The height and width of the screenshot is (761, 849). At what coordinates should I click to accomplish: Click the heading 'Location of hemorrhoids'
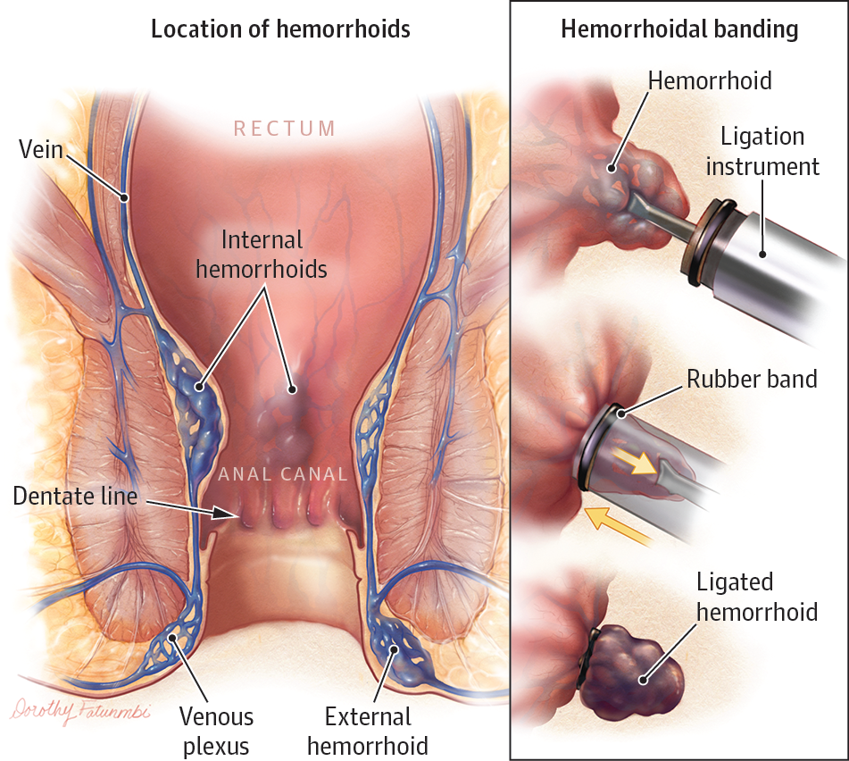pos(280,29)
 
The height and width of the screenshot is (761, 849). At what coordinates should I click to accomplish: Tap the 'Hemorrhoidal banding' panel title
pos(679,29)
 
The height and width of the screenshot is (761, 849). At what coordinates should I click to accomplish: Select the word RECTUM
pos(285,129)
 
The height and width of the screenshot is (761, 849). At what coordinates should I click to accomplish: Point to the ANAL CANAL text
pos(283,474)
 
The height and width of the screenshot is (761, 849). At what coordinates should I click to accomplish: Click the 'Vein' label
pos(41,149)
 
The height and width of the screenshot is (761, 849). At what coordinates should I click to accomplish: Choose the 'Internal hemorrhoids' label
pos(262,255)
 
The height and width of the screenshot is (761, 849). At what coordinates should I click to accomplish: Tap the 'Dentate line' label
pos(75,497)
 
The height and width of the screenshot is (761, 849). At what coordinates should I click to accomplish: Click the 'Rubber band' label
pos(752,379)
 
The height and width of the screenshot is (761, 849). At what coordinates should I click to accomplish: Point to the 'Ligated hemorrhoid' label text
pos(757,598)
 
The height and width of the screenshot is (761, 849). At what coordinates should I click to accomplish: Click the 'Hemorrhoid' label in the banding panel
pos(710,80)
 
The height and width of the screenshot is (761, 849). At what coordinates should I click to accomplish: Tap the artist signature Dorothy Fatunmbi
pos(79,710)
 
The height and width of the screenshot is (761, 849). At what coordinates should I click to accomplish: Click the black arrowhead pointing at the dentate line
pos(225,514)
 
